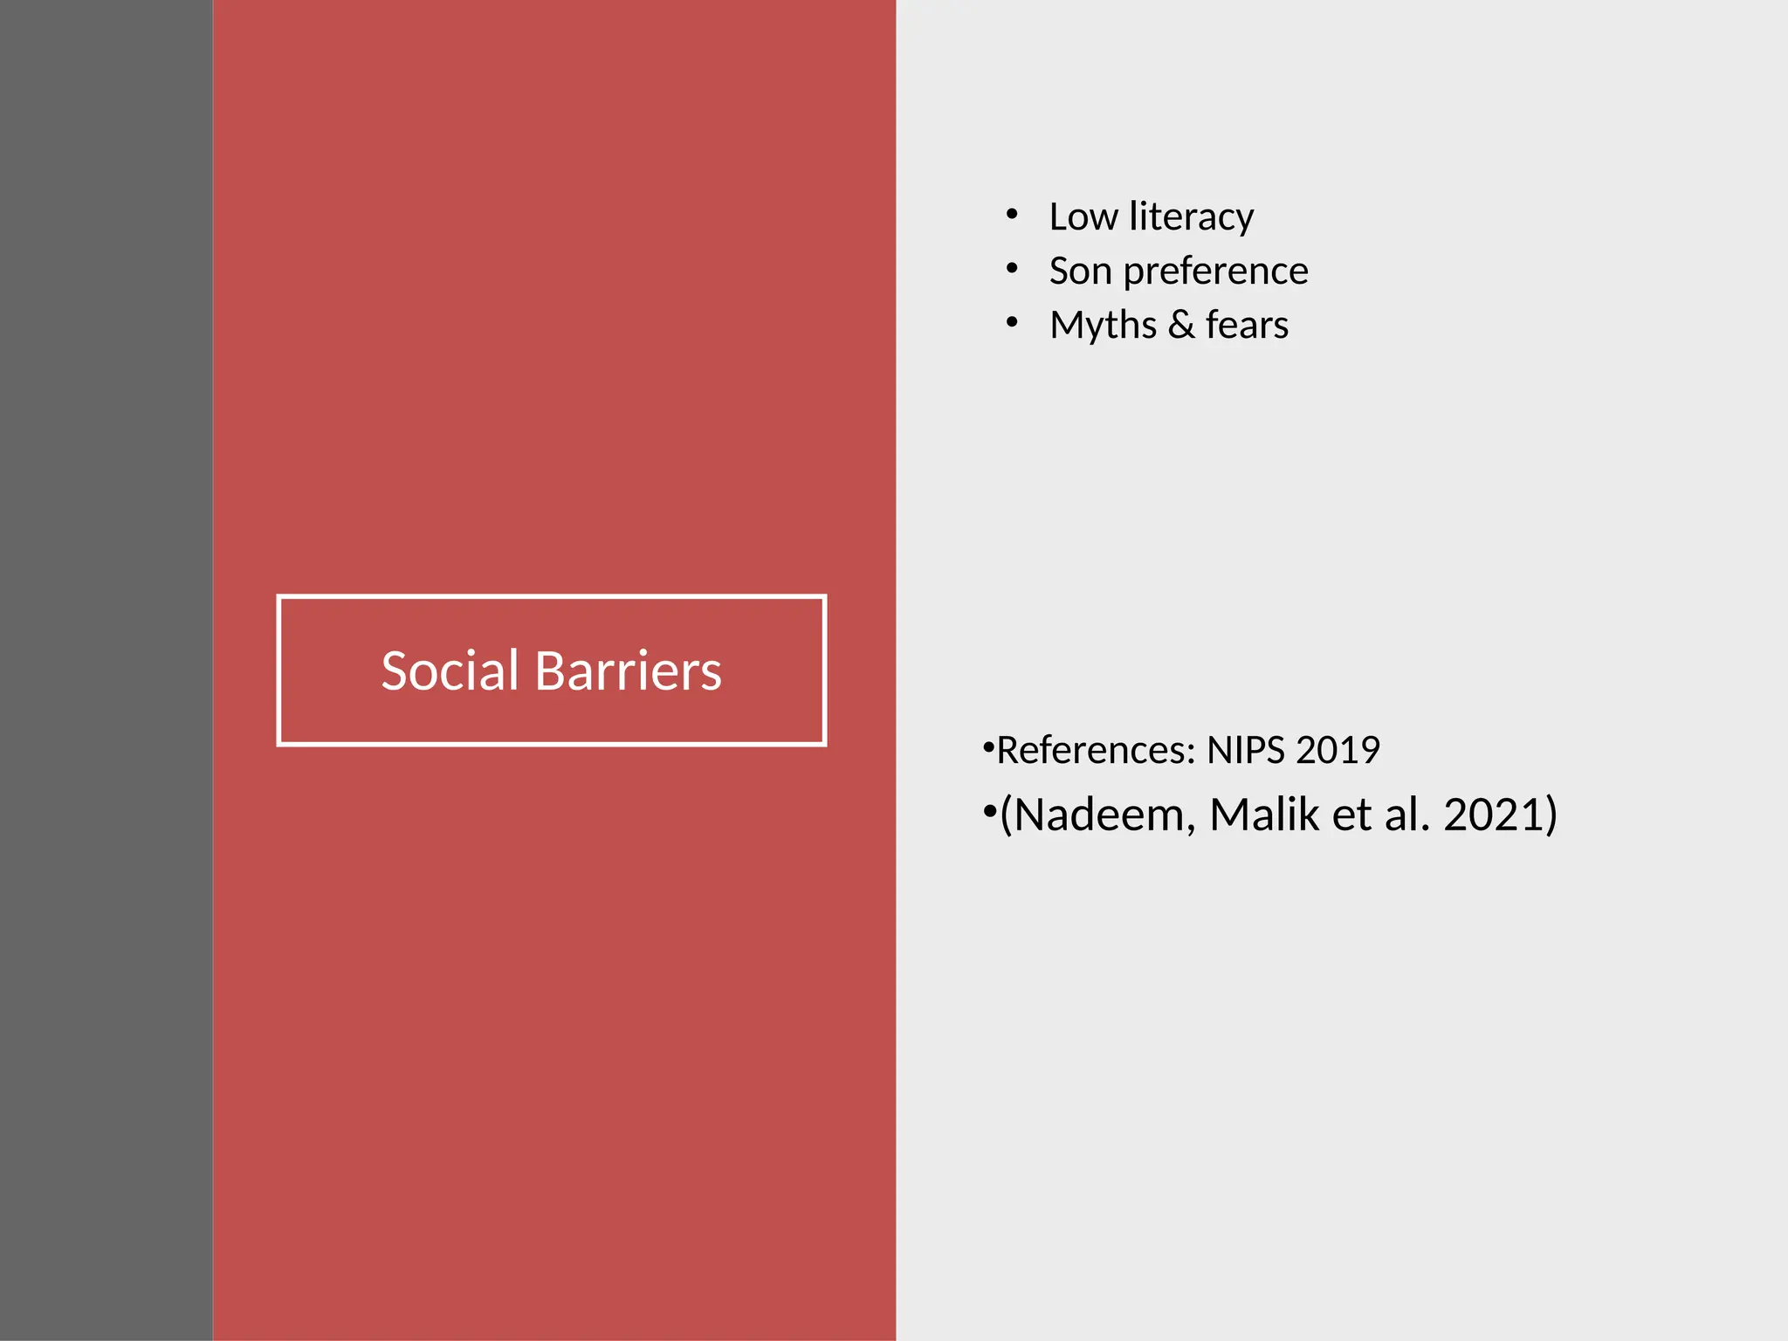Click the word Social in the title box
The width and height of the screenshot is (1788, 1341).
click(x=450, y=671)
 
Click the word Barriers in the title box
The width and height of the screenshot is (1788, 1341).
click(x=628, y=671)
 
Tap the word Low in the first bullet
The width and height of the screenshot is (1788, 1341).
click(x=1083, y=217)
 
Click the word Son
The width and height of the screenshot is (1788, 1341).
click(x=1080, y=271)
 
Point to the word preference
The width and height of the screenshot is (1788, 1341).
click(x=1215, y=272)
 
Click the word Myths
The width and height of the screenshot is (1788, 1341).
click(x=1104, y=325)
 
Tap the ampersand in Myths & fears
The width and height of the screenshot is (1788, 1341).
click(x=1181, y=325)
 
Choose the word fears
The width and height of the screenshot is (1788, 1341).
click(x=1247, y=325)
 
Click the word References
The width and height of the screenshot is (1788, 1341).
click(x=1096, y=750)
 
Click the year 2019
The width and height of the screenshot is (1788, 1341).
click(x=1338, y=750)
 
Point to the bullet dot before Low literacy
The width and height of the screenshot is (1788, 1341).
click(x=1012, y=215)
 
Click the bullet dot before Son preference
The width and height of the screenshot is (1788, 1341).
click(x=1012, y=269)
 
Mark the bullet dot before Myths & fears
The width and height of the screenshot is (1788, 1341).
click(x=1012, y=323)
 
